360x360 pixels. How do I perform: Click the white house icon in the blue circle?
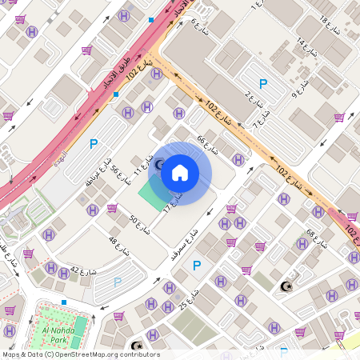(180, 173)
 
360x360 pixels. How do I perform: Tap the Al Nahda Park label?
(51, 334)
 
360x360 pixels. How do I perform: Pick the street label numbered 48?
(118, 240)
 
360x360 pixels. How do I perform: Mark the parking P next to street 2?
(263, 83)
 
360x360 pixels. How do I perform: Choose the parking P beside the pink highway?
(94, 144)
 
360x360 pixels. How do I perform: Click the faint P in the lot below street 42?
(118, 282)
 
